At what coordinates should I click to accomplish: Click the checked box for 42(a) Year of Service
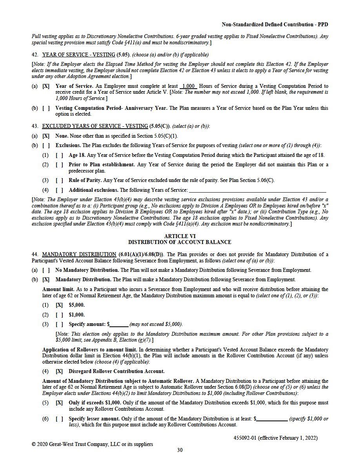[46, 86]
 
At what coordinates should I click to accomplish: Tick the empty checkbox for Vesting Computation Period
[46, 108]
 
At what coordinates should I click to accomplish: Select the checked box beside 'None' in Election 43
[46, 136]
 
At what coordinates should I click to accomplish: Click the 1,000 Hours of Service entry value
[189, 86]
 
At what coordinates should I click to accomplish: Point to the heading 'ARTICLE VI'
[180, 236]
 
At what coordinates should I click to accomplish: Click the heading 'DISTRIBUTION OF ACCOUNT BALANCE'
[180, 242]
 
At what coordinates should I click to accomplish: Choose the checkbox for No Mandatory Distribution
[46, 270]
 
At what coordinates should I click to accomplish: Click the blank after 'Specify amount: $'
[119, 324]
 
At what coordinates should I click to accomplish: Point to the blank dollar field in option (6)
[272, 419]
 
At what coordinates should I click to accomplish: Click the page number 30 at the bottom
[180, 450]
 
